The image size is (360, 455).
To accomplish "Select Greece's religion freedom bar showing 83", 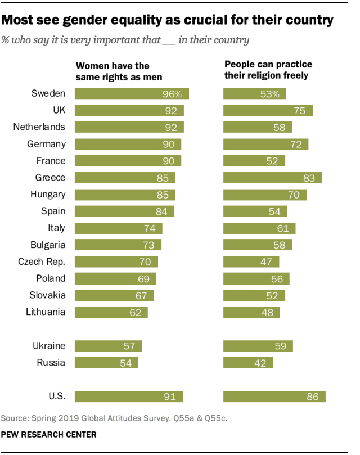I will (x=272, y=178).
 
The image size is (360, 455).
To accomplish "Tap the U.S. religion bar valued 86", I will (x=274, y=397).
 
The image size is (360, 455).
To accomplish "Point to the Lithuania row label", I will (x=46, y=312).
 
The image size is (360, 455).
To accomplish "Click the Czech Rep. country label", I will (x=41, y=262).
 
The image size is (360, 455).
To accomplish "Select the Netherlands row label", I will (x=39, y=127).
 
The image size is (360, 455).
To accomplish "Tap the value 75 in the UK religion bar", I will (x=299, y=111).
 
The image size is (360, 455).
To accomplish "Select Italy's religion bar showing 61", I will (x=259, y=228).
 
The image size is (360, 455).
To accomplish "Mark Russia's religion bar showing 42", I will (x=248, y=363).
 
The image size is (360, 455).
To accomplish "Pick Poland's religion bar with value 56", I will (x=256, y=278).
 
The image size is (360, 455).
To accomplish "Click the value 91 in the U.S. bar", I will (x=169, y=397).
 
